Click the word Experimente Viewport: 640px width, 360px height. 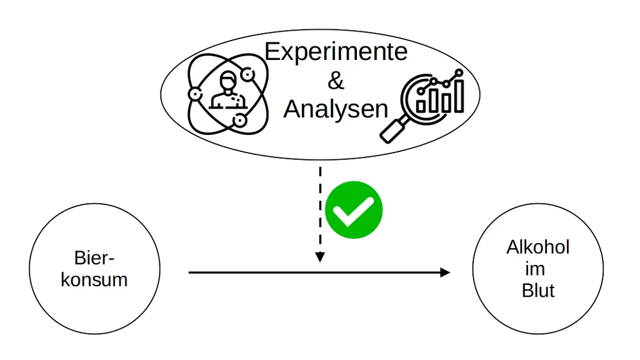[x=336, y=52]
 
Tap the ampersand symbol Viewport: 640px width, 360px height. [x=336, y=81]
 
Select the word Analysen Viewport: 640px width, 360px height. [x=336, y=109]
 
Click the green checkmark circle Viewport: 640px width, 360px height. [x=354, y=210]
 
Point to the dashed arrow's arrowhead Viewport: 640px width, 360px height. [x=320, y=257]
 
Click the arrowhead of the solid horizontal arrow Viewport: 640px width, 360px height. [x=445, y=272]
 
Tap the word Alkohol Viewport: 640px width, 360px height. [x=538, y=247]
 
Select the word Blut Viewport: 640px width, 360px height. [x=538, y=291]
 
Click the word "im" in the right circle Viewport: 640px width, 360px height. [x=535, y=269]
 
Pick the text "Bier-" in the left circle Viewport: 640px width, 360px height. [x=94, y=258]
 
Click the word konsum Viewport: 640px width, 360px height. [x=94, y=280]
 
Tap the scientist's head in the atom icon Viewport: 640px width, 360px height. [x=228, y=81]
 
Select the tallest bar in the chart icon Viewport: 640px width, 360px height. [x=459, y=96]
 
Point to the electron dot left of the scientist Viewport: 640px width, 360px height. [x=195, y=94]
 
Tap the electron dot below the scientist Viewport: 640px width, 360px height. [x=240, y=121]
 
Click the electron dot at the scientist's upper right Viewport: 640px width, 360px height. [x=247, y=75]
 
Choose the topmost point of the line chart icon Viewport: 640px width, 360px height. [x=459, y=73]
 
